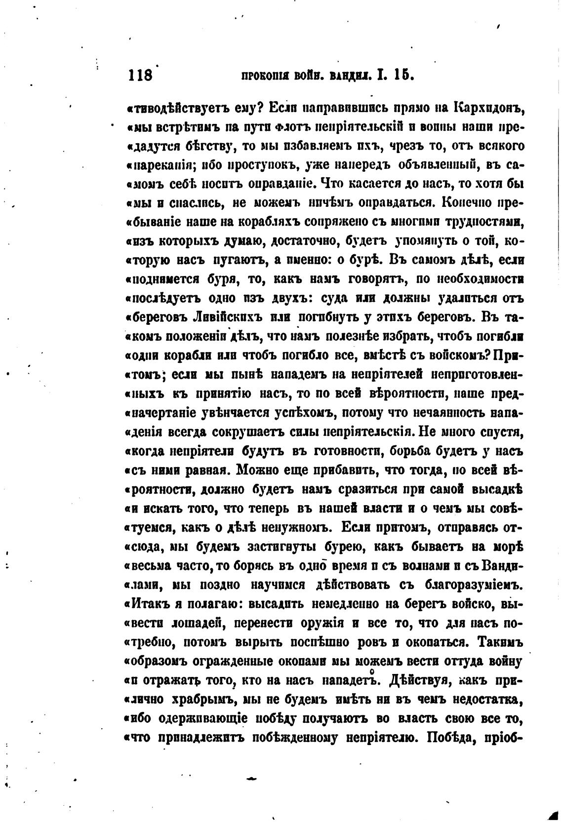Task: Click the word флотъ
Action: [x=285, y=127]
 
